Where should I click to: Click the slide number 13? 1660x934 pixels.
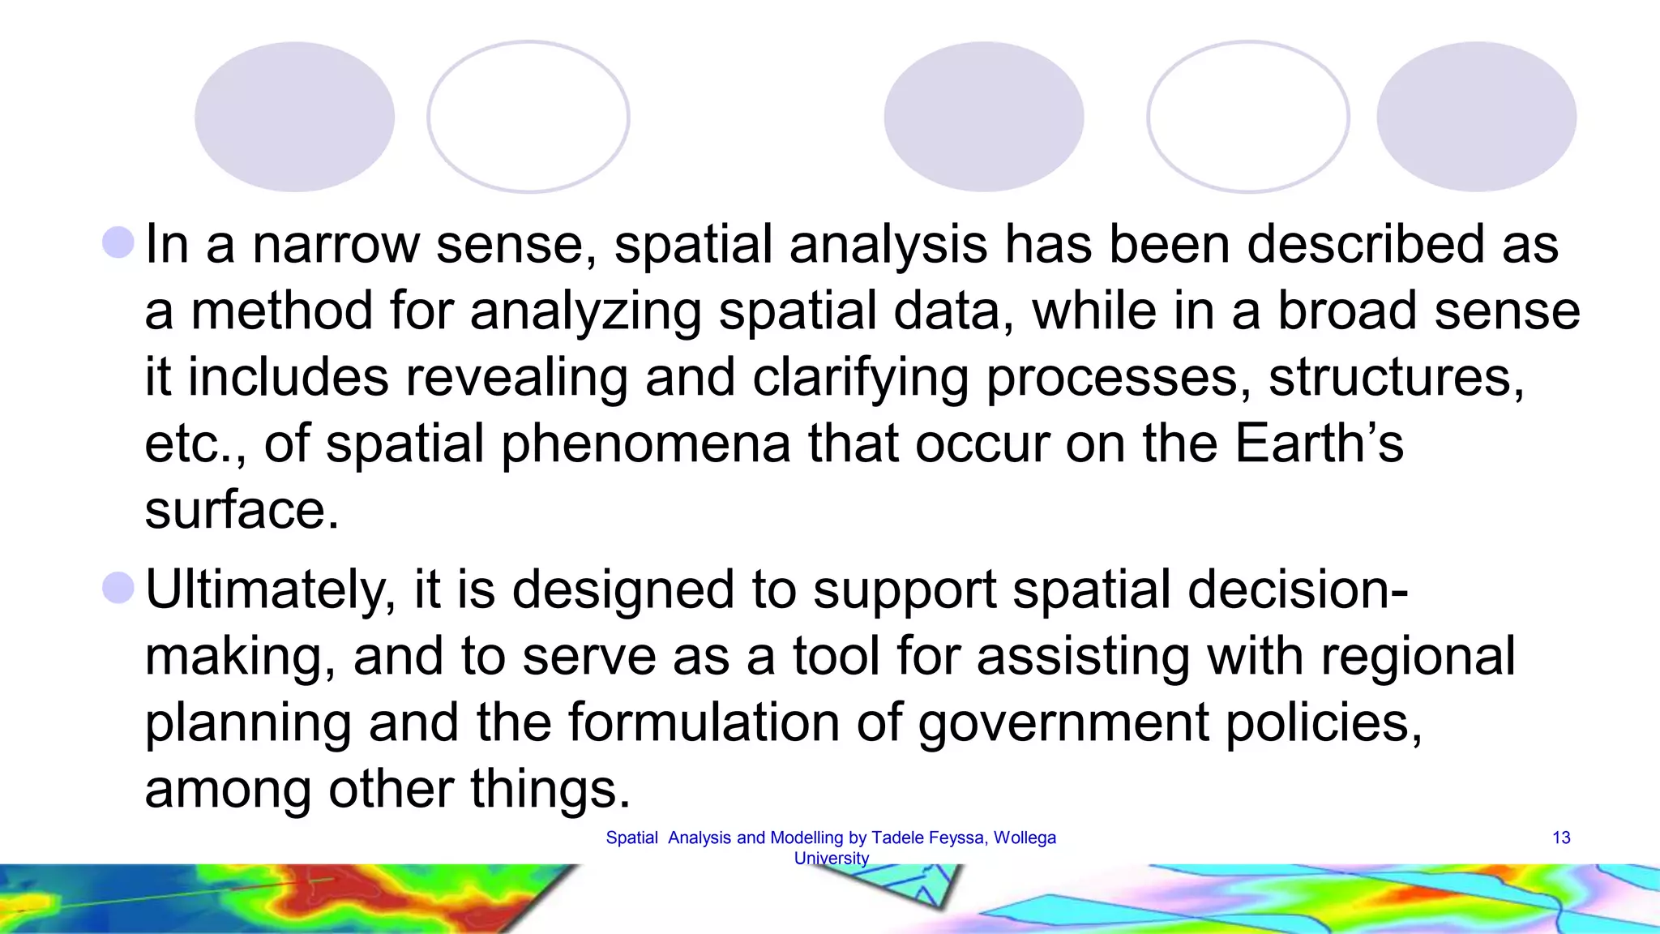(1561, 838)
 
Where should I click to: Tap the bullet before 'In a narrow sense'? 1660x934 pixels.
(118, 242)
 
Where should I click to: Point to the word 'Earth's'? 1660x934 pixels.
(1319, 443)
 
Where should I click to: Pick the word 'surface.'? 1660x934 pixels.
(242, 510)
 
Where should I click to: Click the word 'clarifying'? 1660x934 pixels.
(860, 378)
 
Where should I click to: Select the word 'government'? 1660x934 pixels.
(1063, 723)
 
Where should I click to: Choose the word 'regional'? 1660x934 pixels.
(1418, 656)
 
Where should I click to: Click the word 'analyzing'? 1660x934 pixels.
(585, 312)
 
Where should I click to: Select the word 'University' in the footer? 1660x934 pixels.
(831, 858)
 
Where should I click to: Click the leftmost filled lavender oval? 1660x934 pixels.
(294, 117)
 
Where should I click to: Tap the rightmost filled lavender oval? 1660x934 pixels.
(1476, 117)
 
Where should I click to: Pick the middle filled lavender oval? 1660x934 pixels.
(983, 117)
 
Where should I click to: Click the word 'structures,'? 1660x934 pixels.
(1396, 378)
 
